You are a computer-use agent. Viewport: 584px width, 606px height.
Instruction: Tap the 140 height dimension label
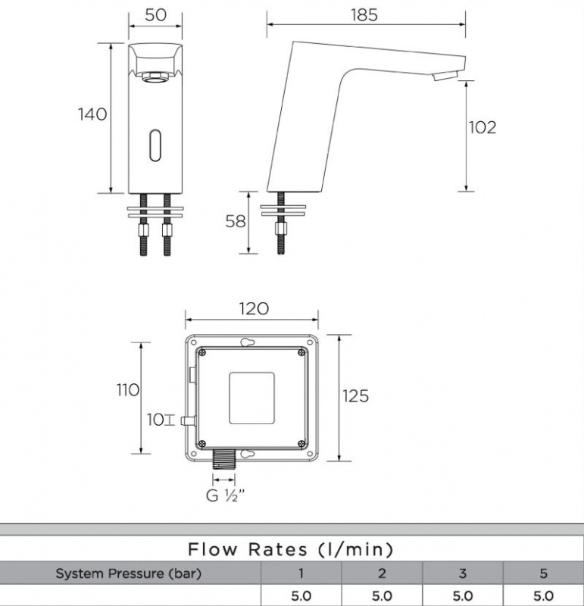click(x=93, y=114)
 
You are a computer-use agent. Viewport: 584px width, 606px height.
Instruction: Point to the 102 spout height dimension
click(x=482, y=127)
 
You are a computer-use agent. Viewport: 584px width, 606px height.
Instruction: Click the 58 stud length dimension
click(x=236, y=221)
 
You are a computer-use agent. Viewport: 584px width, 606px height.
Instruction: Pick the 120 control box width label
click(x=254, y=309)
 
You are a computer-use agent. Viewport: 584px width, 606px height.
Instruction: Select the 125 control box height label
click(x=355, y=396)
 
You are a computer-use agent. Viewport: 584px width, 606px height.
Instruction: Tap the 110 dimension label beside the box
click(x=127, y=390)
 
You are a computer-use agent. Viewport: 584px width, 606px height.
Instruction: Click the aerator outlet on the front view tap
click(x=156, y=76)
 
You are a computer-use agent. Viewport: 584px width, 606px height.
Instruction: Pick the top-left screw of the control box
click(x=201, y=351)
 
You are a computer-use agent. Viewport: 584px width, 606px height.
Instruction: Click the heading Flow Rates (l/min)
click(x=291, y=549)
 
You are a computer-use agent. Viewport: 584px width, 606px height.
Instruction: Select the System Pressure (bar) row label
click(x=129, y=573)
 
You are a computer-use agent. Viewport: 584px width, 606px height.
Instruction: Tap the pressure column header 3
click(x=461, y=573)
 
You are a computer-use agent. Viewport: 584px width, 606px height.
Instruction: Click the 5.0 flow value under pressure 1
click(x=301, y=596)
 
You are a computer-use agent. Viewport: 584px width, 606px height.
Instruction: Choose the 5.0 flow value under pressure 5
click(x=542, y=596)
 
